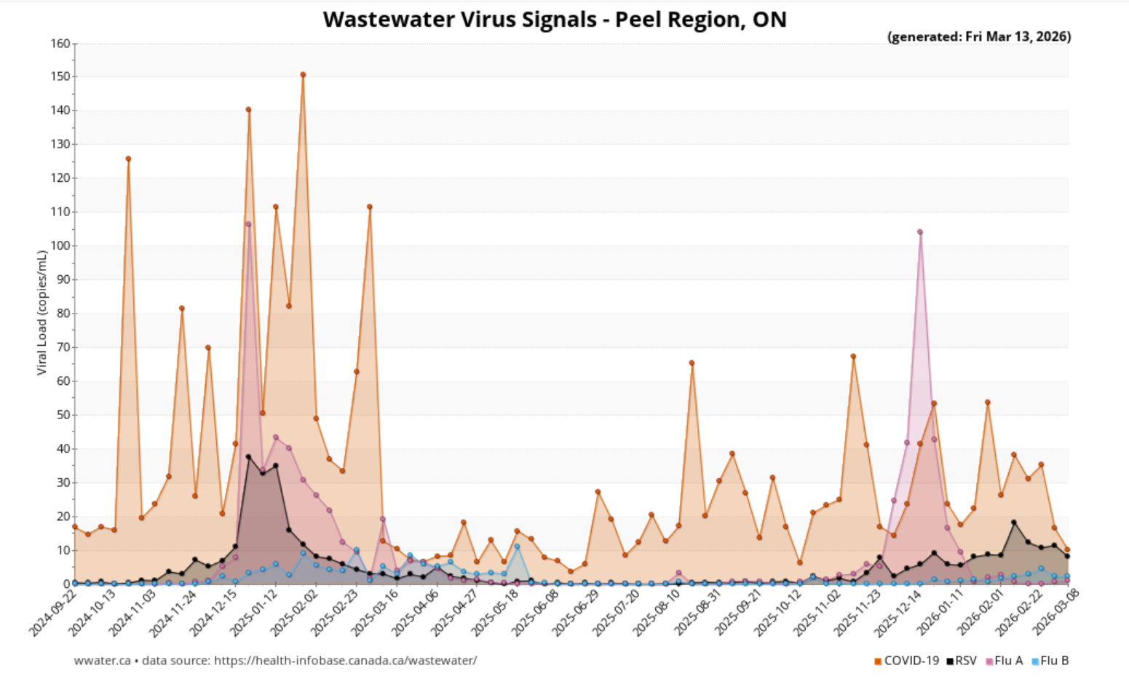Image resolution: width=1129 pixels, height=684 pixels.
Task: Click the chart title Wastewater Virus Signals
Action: [x=555, y=19]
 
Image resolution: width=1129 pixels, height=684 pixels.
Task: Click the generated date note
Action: [x=978, y=36]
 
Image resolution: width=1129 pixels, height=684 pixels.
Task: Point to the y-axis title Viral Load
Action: [x=41, y=313]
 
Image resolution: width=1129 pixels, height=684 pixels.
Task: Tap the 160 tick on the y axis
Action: [x=60, y=44]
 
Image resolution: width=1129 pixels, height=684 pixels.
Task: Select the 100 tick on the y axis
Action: [x=60, y=246]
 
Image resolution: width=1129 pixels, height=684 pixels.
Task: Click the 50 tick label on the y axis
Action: [x=63, y=415]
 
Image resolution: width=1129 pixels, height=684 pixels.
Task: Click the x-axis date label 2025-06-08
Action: [x=537, y=613]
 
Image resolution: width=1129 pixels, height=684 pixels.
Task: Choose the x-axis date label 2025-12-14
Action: [x=897, y=613]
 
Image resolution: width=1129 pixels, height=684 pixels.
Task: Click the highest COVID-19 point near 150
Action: [x=303, y=75]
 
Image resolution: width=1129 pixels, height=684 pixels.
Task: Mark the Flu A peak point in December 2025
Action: [x=920, y=232]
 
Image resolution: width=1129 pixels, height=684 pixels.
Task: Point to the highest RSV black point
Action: [x=248, y=457]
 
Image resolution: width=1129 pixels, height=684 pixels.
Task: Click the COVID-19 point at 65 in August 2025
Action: [x=692, y=363]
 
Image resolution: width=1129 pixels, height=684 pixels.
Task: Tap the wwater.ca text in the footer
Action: [x=103, y=661]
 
